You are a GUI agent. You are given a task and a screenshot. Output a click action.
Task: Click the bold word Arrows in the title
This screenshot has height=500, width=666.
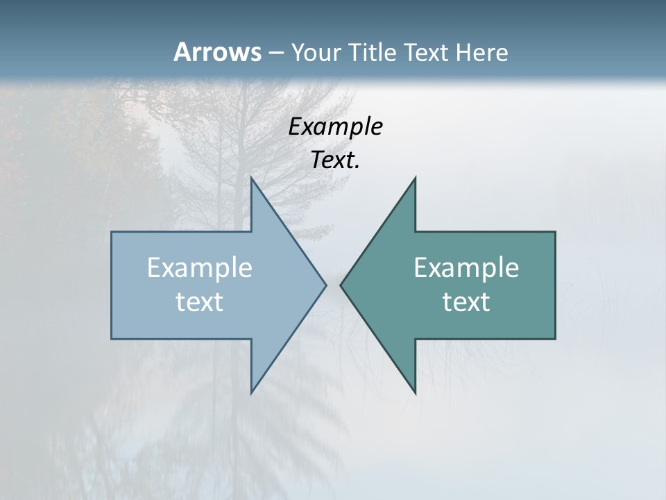(217, 52)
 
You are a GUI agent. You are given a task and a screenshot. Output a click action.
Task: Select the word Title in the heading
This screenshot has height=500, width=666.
(373, 52)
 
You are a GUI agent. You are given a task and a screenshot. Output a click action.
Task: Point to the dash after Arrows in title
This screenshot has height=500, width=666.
(275, 53)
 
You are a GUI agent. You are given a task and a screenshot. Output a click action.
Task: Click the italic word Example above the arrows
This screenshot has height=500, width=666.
(335, 127)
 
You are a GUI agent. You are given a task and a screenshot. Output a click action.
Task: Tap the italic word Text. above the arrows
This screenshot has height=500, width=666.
(335, 160)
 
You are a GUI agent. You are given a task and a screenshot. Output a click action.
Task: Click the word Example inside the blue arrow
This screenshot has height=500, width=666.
(200, 268)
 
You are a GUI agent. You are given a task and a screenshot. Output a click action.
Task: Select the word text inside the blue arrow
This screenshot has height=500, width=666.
(200, 301)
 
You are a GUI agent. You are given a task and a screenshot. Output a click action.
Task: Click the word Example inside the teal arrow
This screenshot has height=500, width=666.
(466, 268)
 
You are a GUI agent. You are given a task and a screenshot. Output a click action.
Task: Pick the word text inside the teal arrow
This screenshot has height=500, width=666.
(466, 301)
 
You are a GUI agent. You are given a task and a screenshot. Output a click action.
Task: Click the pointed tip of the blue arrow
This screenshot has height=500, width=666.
(325, 285)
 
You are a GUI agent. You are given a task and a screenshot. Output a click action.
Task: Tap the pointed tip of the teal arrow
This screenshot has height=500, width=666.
(341, 285)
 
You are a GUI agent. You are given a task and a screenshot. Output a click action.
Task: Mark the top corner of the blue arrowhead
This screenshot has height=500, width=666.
(251, 178)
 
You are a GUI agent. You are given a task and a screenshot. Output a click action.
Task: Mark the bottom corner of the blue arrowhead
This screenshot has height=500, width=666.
(251, 392)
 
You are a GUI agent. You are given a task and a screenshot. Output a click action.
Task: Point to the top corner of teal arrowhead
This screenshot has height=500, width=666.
(415, 178)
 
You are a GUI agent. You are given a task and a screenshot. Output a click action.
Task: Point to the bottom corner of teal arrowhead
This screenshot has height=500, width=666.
(415, 392)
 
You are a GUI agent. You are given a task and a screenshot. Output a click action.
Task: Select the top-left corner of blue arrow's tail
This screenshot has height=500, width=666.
(112, 232)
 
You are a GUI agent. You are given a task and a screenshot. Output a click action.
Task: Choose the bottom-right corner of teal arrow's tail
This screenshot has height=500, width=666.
(555, 338)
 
